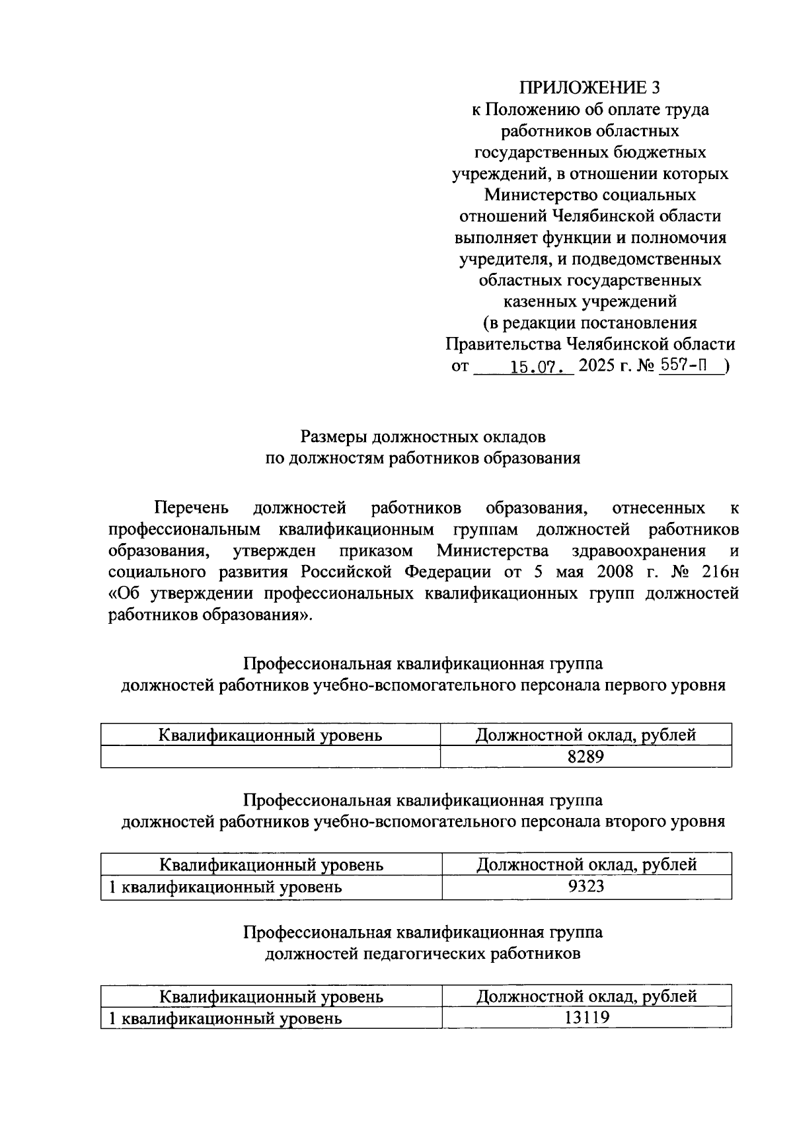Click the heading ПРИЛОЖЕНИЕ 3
point(589,88)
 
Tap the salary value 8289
point(585,757)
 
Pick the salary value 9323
point(586,887)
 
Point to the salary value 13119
point(586,1018)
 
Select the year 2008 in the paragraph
point(622,572)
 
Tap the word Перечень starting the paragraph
point(192,507)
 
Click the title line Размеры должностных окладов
point(423,437)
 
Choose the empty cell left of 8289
point(270,757)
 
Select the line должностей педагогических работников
point(423,954)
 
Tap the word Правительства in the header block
point(502,344)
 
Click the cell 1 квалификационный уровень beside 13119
point(225,1018)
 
